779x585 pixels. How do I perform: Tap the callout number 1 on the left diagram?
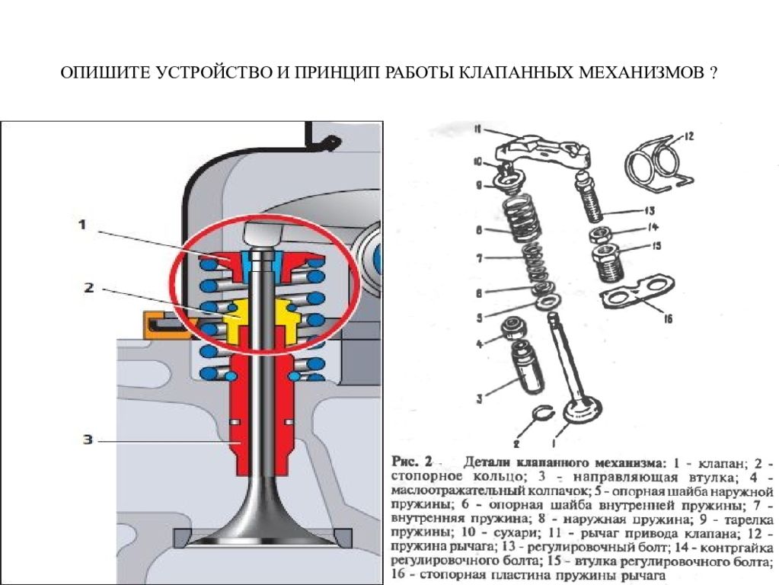pos(82,224)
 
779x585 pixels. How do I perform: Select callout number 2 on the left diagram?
pos(88,287)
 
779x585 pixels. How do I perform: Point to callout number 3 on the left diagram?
pos(88,440)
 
